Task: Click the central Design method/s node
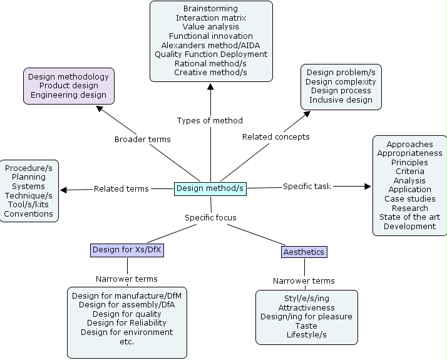[210, 188]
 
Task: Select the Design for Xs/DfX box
[128, 250]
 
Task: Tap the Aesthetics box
[304, 252]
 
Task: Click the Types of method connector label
[210, 120]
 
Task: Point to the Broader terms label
[142, 139]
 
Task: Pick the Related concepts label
[275, 136]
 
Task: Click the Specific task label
[307, 186]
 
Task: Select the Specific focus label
[210, 217]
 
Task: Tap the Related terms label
[121, 188]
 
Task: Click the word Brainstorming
[210, 9]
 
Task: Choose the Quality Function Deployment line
[211, 54]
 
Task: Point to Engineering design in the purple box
[68, 95]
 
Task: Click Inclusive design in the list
[341, 100]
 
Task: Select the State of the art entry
[409, 217]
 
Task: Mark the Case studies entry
[409, 199]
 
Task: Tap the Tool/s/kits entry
[29, 205]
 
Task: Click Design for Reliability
[127, 323]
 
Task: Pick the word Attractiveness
[306, 308]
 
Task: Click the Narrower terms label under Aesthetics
[304, 281]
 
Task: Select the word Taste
[306, 326]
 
